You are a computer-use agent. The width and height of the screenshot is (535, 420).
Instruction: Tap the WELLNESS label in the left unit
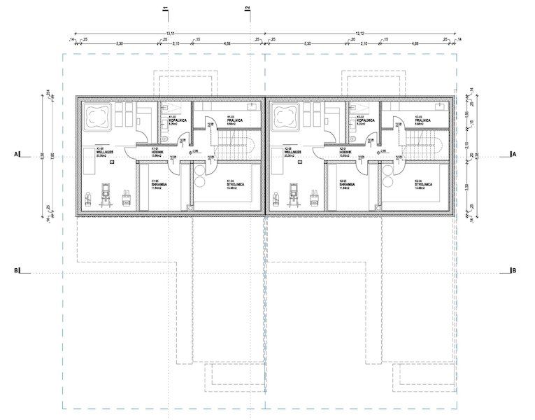click(x=92, y=151)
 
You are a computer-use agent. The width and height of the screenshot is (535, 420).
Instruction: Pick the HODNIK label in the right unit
click(x=346, y=151)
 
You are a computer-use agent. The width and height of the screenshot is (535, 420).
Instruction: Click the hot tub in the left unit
click(x=96, y=115)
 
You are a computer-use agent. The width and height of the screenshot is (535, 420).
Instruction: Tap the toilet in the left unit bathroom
click(x=165, y=139)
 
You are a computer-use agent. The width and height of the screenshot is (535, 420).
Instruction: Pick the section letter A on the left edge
click(x=14, y=153)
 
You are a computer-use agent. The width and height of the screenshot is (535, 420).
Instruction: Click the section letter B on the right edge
click(x=514, y=270)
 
